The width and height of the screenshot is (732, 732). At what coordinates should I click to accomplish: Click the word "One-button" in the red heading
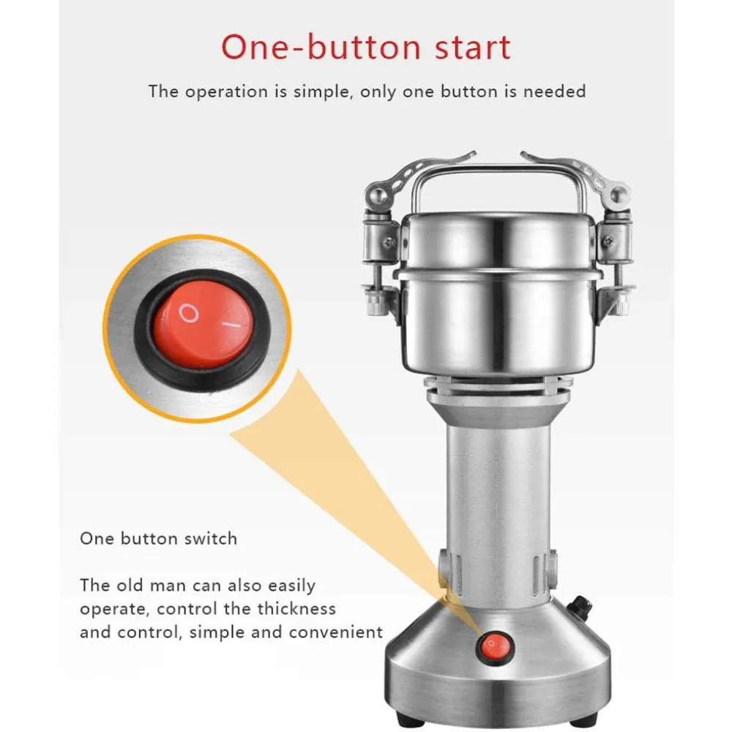click(x=321, y=47)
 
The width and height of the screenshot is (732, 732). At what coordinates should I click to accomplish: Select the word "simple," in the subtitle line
click(x=321, y=91)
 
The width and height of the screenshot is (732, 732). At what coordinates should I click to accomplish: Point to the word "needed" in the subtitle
click(x=554, y=91)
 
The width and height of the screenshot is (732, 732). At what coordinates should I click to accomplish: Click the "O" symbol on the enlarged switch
click(x=189, y=313)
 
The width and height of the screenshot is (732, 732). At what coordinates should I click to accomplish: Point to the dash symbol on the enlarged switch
click(x=231, y=324)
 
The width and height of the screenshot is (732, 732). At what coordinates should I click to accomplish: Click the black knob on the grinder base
click(x=580, y=606)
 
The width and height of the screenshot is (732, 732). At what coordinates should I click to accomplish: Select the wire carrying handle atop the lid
click(x=498, y=171)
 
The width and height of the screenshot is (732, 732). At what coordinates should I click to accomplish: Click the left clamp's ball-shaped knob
click(x=376, y=197)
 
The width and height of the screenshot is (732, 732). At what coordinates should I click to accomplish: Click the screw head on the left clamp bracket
click(x=387, y=242)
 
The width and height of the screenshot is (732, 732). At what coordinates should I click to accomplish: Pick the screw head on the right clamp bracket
click(x=608, y=241)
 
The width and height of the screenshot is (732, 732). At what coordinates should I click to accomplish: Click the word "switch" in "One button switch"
click(x=211, y=539)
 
